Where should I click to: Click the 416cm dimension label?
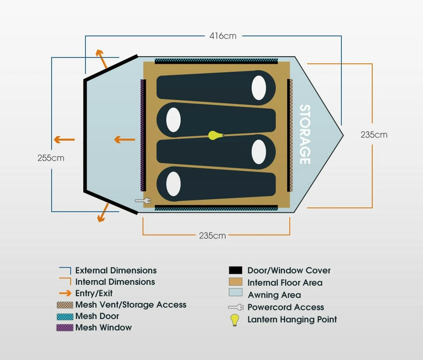[223, 36]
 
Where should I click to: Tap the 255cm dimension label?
[51, 158]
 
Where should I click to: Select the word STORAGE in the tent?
[305, 134]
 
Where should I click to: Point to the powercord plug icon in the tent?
[143, 201]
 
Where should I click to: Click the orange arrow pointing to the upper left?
[102, 58]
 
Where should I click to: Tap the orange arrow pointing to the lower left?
[103, 213]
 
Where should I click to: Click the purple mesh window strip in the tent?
[143, 135]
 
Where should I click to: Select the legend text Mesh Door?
[97, 316]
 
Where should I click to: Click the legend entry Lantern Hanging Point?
[292, 319]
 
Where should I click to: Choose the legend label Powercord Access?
[286, 307]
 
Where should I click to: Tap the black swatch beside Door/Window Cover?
[235, 270]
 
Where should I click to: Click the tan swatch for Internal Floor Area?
[235, 282]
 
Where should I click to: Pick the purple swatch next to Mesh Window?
[65, 327]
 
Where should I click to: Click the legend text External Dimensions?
[116, 270]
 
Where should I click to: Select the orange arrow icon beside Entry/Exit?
[65, 293]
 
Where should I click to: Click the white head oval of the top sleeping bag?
[259, 88]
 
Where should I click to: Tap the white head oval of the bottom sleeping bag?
[173, 184]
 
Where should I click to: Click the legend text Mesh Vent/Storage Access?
[131, 305]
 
